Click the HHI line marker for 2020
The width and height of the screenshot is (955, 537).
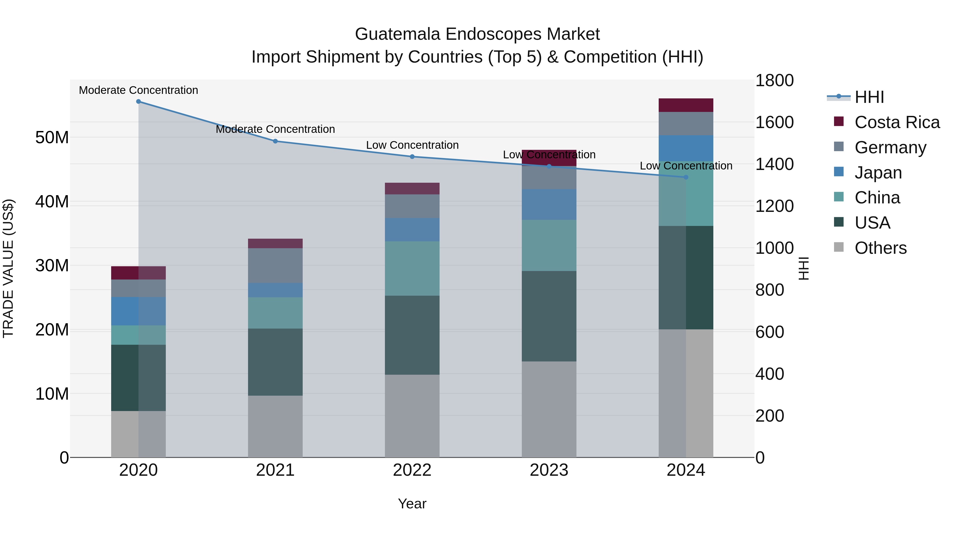tap(138, 102)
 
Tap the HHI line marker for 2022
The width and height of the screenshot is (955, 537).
tap(412, 157)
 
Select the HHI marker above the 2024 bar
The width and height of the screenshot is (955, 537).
tap(685, 177)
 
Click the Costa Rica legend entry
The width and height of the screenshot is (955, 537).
tap(897, 122)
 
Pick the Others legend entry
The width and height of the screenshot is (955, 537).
tap(880, 248)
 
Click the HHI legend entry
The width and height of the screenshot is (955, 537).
tap(869, 97)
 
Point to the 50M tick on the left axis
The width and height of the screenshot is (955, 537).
tap(52, 137)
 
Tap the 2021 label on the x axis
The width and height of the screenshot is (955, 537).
tap(275, 470)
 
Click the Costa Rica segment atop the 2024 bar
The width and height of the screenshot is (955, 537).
tap(685, 105)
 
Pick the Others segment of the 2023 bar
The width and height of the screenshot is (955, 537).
tap(549, 409)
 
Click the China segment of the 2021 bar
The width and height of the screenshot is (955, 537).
tap(275, 313)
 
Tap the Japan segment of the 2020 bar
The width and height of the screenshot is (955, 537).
tap(138, 311)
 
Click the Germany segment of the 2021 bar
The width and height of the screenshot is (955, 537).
tap(275, 265)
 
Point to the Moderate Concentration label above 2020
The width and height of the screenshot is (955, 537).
tap(138, 90)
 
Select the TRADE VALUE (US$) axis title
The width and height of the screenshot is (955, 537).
tap(8, 268)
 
